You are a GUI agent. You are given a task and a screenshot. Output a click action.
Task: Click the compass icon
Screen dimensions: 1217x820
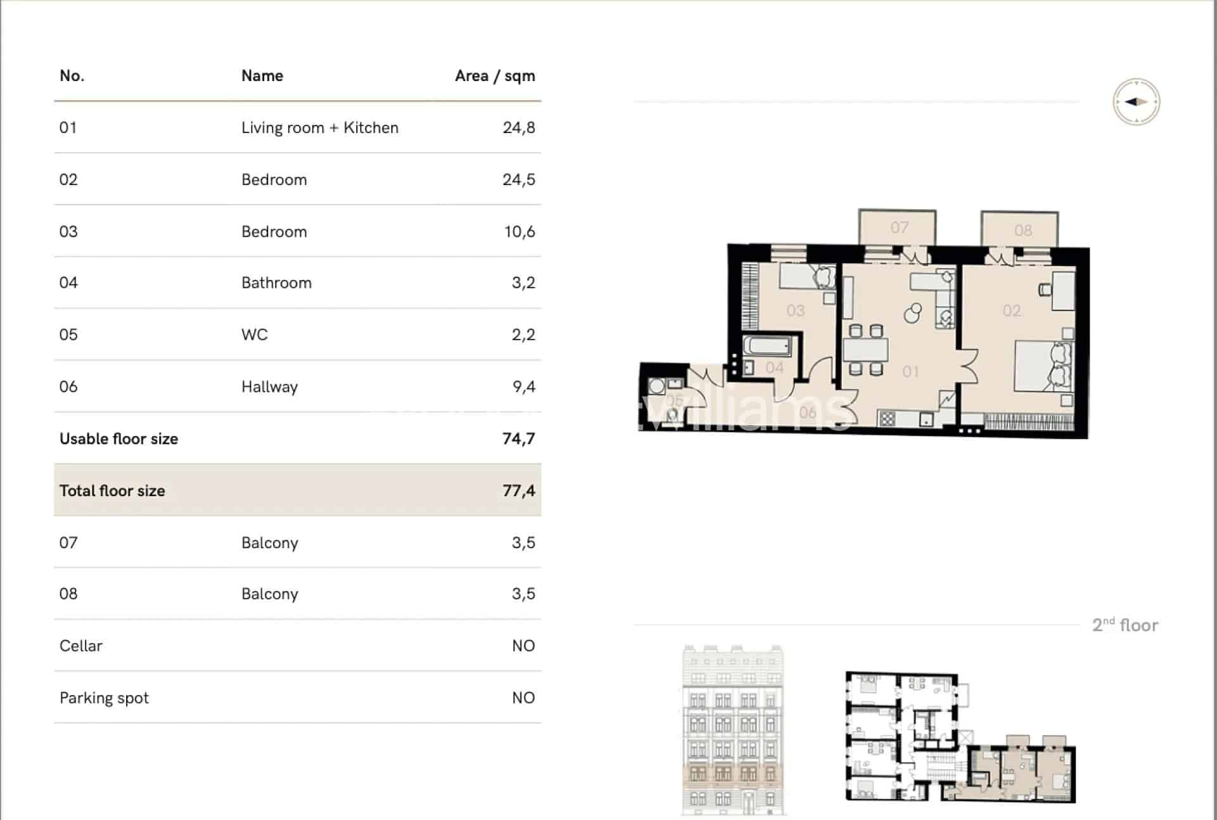click(1136, 101)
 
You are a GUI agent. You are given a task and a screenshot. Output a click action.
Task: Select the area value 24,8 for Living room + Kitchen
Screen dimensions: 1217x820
click(518, 128)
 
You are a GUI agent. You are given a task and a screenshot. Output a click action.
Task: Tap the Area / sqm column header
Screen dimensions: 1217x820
click(495, 76)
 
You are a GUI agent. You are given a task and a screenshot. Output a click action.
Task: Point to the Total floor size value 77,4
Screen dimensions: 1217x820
click(518, 490)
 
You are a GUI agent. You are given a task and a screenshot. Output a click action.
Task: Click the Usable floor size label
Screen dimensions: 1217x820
click(119, 439)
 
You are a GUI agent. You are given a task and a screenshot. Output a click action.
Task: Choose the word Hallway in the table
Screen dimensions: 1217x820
click(269, 387)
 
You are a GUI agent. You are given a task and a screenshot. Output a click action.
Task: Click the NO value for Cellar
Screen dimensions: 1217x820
click(524, 646)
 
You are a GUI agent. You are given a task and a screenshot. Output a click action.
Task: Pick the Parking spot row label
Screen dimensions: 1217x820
click(104, 698)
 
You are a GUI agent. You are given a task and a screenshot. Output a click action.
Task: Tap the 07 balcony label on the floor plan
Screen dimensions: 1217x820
click(899, 227)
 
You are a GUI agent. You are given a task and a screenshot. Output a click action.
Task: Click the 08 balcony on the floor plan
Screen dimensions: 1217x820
click(1019, 229)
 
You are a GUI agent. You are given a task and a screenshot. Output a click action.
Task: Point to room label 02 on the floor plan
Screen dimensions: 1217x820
click(1012, 311)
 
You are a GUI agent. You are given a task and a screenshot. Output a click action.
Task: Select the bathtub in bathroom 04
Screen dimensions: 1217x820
click(767, 346)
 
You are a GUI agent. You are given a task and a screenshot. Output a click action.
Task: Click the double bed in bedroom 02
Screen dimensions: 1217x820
click(1043, 366)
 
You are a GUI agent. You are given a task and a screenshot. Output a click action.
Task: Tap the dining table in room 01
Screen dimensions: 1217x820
click(865, 350)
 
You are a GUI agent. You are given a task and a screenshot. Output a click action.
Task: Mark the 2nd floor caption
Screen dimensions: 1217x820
click(1125, 625)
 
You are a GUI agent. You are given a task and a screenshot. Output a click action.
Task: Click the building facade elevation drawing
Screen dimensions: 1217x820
click(733, 730)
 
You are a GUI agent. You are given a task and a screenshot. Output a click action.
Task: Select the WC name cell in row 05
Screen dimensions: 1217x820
click(255, 335)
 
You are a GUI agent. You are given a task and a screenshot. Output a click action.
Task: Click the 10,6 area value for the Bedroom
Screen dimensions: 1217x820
click(520, 232)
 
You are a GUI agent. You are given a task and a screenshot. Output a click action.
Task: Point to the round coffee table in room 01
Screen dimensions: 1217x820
click(913, 313)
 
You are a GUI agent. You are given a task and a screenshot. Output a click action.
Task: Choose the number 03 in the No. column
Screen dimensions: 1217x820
click(68, 232)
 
